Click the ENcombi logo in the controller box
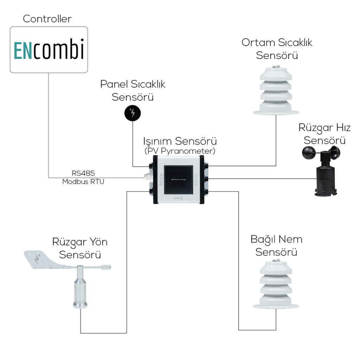click(x=49, y=50)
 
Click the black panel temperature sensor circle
click(x=133, y=113)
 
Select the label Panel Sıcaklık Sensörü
click(x=133, y=90)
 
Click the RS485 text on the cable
click(x=83, y=173)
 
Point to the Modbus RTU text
click(x=83, y=181)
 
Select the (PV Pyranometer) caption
click(x=180, y=151)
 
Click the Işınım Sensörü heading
click(x=180, y=141)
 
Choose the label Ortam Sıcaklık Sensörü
click(x=277, y=49)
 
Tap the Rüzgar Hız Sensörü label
click(x=324, y=133)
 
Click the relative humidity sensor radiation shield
click(x=276, y=287)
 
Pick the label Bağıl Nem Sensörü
click(x=276, y=246)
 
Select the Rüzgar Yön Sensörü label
click(x=80, y=248)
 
